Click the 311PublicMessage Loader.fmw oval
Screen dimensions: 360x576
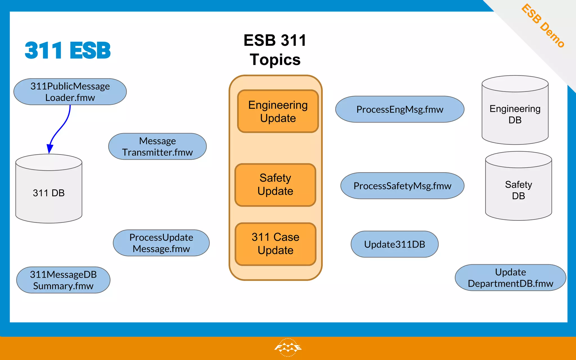(x=70, y=92)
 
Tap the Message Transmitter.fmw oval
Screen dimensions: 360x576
(x=157, y=147)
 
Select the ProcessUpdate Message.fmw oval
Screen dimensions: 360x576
(x=161, y=243)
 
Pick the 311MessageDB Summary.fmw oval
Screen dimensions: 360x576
(x=63, y=280)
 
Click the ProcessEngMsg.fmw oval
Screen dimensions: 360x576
(x=400, y=109)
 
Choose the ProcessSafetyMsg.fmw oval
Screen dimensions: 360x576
(x=402, y=186)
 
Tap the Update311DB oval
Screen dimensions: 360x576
(x=394, y=244)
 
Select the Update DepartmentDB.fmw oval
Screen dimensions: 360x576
(x=510, y=278)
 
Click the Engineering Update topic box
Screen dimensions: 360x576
(x=278, y=111)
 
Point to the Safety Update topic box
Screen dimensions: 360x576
(x=275, y=185)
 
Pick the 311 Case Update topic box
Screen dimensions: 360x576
(x=276, y=244)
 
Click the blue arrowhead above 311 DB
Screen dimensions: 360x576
(x=50, y=148)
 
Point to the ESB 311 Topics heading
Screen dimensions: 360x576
(x=275, y=50)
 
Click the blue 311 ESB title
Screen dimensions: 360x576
(x=68, y=51)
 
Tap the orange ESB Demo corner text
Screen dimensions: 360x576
(x=543, y=26)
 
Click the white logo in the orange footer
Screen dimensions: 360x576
(x=288, y=347)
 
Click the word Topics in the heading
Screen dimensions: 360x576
(x=275, y=60)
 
